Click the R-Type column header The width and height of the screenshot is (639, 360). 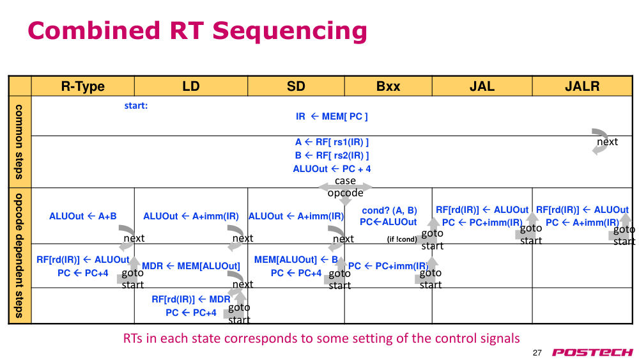[x=82, y=86]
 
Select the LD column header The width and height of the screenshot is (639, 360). [x=190, y=86]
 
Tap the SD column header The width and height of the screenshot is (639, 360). [x=296, y=86]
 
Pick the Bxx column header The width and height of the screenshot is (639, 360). [x=388, y=86]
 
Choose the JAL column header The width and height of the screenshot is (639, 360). [x=482, y=86]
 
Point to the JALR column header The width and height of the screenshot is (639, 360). [x=582, y=86]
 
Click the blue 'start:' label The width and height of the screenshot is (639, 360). [x=136, y=106]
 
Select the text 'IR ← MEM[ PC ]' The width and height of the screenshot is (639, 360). [x=332, y=116]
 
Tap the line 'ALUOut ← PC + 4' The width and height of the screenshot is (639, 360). [x=332, y=169]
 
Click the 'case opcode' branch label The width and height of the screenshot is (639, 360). [x=345, y=187]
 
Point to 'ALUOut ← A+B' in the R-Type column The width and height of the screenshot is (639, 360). [x=82, y=216]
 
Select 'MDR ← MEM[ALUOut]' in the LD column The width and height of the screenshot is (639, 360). [x=190, y=266]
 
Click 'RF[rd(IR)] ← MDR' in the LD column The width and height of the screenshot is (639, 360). [x=190, y=299]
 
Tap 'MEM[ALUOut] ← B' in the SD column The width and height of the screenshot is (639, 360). [x=296, y=260]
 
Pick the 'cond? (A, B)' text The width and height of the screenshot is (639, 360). [x=389, y=210]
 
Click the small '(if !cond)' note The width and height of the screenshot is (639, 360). [x=402, y=239]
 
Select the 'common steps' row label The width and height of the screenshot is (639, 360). [x=19, y=142]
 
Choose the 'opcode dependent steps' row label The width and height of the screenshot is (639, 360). [x=19, y=256]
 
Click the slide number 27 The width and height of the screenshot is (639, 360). [x=537, y=353]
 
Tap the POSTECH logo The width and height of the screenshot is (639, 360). [x=592, y=352]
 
